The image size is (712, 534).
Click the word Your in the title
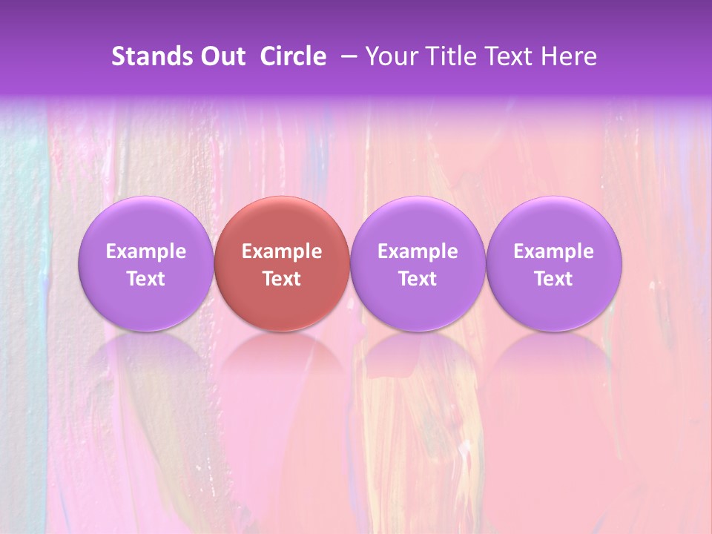[390, 56]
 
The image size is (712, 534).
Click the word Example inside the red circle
[282, 251]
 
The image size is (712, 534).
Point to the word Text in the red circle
[282, 279]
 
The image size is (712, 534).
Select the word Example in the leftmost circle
[145, 251]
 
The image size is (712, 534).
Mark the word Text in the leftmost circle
[145, 279]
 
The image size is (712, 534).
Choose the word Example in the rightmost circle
[554, 251]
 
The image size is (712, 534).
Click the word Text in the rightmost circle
[554, 279]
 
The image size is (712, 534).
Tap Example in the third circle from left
[418, 251]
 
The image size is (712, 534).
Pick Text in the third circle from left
[418, 279]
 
